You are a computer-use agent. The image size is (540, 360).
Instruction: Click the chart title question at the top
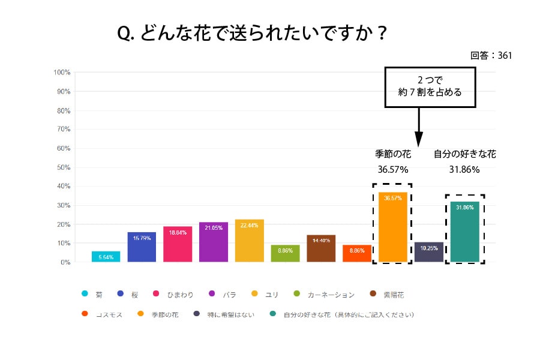[252, 34]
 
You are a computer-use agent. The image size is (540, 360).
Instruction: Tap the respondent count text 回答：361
[491, 55]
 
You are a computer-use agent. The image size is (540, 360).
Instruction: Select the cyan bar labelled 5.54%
[106, 257]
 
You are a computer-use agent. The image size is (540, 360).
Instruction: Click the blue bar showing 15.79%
[142, 247]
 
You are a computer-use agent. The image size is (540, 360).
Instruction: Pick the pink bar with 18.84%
[178, 244]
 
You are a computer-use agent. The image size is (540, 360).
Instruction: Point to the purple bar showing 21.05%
[214, 242]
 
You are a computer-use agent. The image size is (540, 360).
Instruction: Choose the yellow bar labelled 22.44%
[250, 241]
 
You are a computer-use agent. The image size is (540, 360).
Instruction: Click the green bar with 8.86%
[285, 254]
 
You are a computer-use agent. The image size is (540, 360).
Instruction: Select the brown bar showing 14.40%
[321, 248]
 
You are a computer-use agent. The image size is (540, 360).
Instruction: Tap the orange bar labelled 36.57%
[392, 228]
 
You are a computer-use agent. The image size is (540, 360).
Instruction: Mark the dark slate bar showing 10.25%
[429, 253]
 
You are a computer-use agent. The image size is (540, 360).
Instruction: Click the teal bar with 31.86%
[465, 232]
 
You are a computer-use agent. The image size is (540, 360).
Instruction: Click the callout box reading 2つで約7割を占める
[430, 87]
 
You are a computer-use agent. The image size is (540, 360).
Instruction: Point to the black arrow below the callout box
[419, 126]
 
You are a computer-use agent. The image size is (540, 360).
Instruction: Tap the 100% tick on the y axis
[62, 73]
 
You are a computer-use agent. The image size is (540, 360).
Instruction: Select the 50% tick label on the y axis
[64, 167]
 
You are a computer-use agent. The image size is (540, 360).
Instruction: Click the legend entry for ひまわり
[174, 295]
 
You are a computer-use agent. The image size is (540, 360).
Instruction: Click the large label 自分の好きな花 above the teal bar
[465, 154]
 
